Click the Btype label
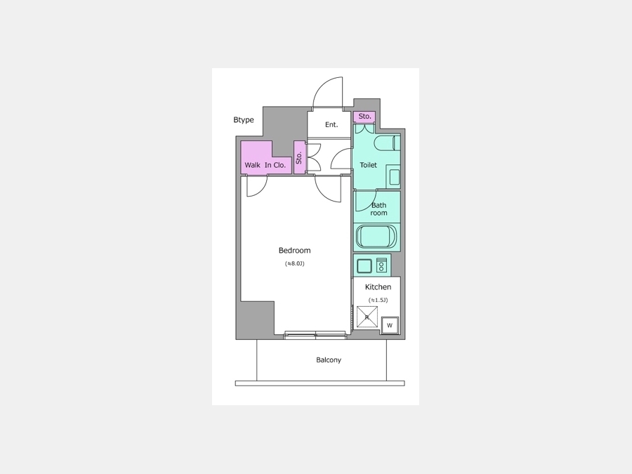tap(244, 119)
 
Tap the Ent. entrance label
tap(331, 124)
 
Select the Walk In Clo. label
tap(265, 165)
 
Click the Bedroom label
tap(295, 250)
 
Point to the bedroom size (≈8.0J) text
tap(295, 263)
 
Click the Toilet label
tap(369, 165)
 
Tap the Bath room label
tap(379, 209)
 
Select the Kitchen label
tap(378, 287)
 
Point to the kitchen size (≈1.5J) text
tap(378, 300)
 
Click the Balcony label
tap(329, 360)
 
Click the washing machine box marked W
tap(390, 325)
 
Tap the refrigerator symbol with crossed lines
tap(367, 317)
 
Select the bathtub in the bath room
tap(377, 237)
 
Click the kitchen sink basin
tap(364, 265)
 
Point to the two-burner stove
tap(381, 265)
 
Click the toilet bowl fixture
tap(387, 143)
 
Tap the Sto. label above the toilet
tap(364, 116)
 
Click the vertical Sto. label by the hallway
tap(299, 157)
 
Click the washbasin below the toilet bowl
tap(394, 177)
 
